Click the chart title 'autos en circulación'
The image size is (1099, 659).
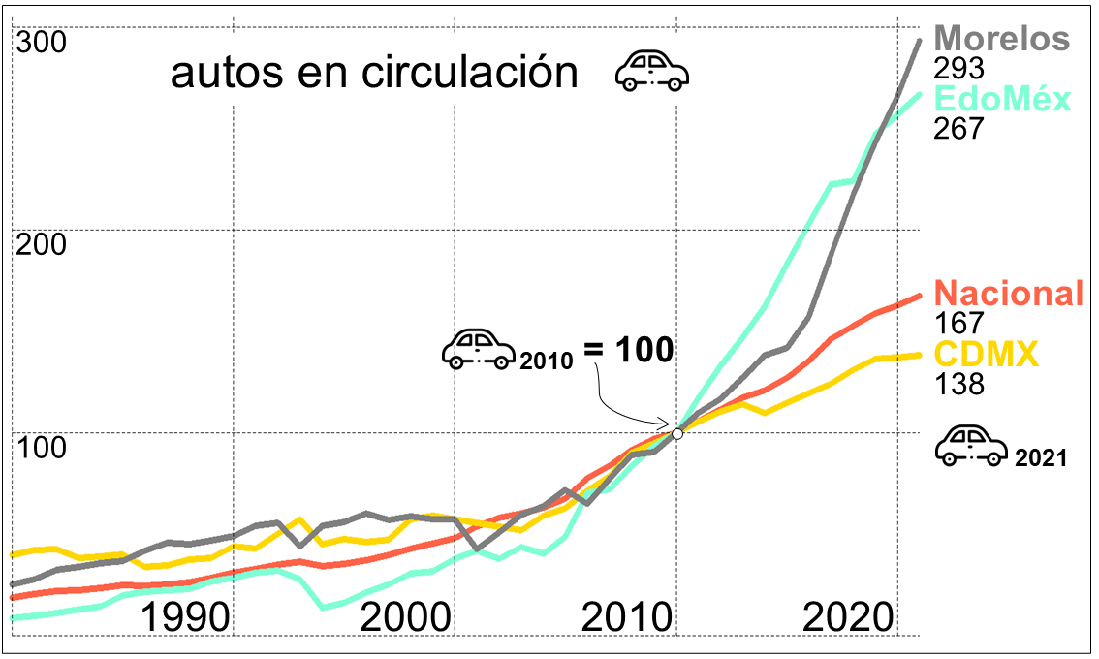click(x=374, y=74)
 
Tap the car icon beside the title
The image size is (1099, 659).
click(x=652, y=71)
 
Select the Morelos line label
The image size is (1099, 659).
click(x=1002, y=39)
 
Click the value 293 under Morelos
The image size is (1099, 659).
click(x=958, y=69)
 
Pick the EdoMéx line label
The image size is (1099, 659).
click(x=1001, y=99)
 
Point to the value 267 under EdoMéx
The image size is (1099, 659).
click(x=958, y=129)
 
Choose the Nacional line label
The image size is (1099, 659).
click(x=1008, y=293)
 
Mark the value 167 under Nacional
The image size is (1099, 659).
click(x=958, y=323)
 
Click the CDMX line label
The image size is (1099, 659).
click(x=986, y=354)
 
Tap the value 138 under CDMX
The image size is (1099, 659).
click(x=958, y=384)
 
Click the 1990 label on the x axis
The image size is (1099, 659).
click(x=185, y=616)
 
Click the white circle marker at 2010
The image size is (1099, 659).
click(x=677, y=433)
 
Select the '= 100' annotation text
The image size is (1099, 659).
click(x=629, y=349)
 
